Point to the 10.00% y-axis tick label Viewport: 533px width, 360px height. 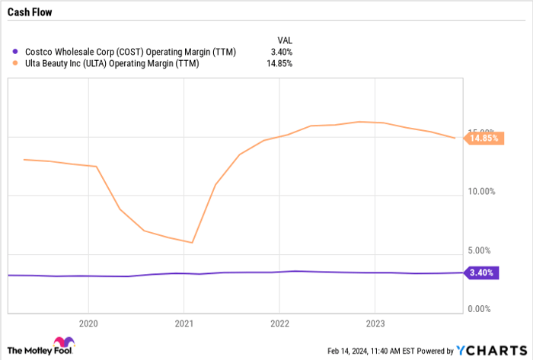[x=483, y=192]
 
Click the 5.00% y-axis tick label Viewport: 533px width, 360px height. [x=485, y=250]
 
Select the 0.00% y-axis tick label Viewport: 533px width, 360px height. [x=485, y=309]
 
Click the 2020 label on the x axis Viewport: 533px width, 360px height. [x=88, y=322]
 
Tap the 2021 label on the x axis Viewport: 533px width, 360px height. [x=184, y=322]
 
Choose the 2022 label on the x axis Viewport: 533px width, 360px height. [x=279, y=322]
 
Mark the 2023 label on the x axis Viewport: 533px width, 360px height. [x=375, y=322]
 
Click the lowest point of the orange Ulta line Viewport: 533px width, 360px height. [x=193, y=243]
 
